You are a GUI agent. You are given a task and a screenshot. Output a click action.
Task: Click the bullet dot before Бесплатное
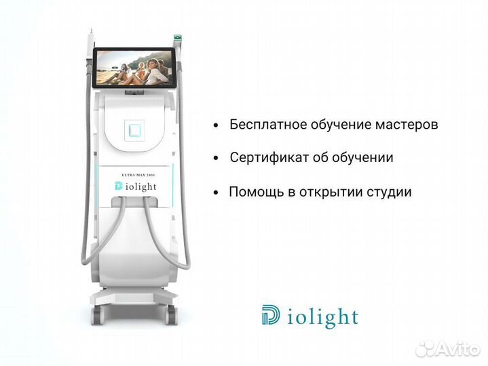[x=216, y=126]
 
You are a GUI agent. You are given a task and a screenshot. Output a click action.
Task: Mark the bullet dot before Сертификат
[x=216, y=159]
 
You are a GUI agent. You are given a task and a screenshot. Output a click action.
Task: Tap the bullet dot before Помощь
[x=216, y=192]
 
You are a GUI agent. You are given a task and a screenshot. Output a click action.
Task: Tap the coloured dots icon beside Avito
[x=426, y=348]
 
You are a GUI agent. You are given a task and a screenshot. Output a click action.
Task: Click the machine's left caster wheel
[x=96, y=314]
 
